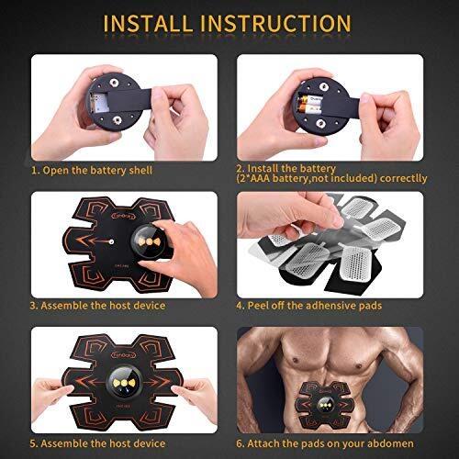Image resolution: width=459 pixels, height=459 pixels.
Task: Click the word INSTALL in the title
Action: click(x=148, y=23)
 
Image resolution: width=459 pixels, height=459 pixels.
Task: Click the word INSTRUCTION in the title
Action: click(x=275, y=23)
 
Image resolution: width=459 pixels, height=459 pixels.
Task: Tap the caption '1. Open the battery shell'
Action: click(x=92, y=170)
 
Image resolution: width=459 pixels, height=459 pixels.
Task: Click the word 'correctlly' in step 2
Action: click(x=403, y=178)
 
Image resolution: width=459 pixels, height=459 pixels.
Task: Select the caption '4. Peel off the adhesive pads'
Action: click(x=309, y=306)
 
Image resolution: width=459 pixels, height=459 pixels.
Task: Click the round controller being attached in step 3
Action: click(x=149, y=241)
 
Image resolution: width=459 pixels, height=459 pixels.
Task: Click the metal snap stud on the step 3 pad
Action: click(x=111, y=241)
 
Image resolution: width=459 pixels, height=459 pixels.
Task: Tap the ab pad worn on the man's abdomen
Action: click(x=324, y=406)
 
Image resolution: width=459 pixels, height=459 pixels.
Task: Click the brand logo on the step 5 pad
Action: click(x=125, y=355)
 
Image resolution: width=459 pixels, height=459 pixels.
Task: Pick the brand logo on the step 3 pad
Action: click(x=125, y=216)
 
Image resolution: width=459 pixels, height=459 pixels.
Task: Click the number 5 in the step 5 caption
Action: click(x=33, y=443)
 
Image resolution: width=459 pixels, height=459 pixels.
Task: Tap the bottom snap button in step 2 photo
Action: click(x=321, y=124)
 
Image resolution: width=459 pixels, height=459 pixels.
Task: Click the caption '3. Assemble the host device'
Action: click(x=97, y=306)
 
